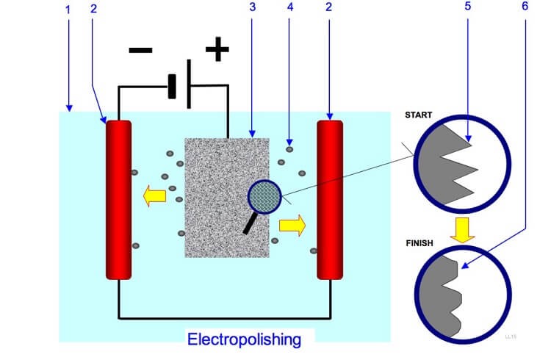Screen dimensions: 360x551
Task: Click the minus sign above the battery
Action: pos(140,51)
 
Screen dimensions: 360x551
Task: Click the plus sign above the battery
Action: pos(217,49)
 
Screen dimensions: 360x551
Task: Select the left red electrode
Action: pos(118,200)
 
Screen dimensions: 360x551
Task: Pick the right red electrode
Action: pos(330,200)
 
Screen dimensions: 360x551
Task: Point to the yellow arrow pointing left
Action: pos(154,196)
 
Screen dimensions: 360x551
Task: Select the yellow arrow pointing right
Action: pos(292,226)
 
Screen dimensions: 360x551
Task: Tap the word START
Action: pos(419,115)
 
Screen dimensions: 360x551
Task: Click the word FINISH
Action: pos(419,242)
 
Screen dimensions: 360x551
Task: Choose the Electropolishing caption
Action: pos(244,339)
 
